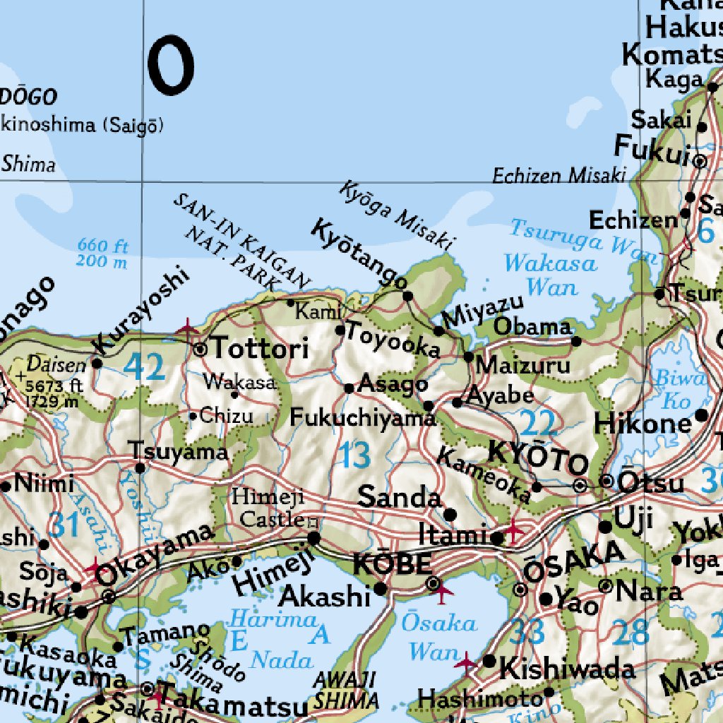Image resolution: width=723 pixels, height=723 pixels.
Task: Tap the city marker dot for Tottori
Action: [200, 349]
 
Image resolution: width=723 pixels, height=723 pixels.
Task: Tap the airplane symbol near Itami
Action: [513, 528]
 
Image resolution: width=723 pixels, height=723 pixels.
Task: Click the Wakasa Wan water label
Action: [551, 275]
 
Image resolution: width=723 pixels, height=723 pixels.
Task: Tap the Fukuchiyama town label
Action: [362, 418]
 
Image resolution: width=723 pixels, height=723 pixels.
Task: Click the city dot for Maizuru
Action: [469, 357]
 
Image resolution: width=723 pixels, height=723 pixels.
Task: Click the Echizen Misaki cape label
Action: [559, 174]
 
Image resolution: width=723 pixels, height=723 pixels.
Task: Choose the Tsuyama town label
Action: [179, 451]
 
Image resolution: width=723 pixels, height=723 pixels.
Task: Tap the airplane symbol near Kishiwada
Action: [465, 662]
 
